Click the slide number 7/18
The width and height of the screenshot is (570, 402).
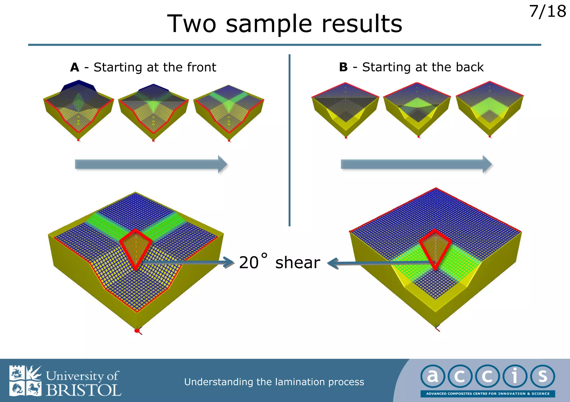(x=547, y=12)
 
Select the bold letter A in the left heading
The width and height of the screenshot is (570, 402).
(x=75, y=67)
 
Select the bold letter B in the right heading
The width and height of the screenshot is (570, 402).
(x=343, y=67)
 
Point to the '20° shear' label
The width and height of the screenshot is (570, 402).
(x=279, y=262)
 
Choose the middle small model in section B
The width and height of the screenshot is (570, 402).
(x=417, y=109)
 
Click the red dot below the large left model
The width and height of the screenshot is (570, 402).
(x=137, y=331)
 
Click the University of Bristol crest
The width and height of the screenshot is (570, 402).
(x=25, y=381)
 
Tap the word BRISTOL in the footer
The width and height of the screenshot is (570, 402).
(x=83, y=390)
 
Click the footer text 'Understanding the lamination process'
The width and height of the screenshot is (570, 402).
(x=274, y=382)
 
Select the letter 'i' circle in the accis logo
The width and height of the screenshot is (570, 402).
(x=515, y=376)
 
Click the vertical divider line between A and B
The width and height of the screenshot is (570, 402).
(x=289, y=139)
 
